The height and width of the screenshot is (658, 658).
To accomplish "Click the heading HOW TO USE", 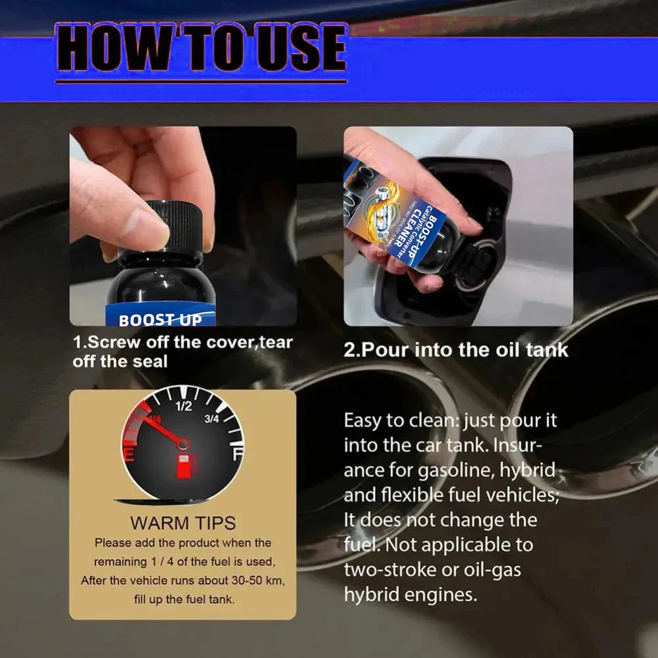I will [x=201, y=50].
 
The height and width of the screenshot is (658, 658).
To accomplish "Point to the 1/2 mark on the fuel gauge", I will [x=184, y=406].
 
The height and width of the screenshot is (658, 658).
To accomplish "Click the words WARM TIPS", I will [x=182, y=523].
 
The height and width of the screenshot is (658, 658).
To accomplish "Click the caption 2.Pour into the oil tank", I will [x=455, y=349].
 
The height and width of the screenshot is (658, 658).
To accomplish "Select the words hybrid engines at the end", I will [x=410, y=594].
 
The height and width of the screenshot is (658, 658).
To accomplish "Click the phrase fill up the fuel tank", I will [x=182, y=599].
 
